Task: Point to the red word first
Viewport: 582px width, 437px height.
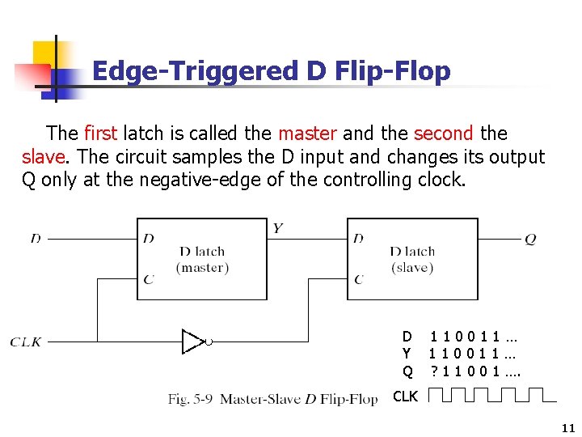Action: [x=99, y=134]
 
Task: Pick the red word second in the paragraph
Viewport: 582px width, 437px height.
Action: [x=444, y=134]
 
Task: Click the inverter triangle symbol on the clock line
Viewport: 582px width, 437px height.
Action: [x=194, y=342]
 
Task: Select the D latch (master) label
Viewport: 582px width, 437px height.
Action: [x=202, y=259]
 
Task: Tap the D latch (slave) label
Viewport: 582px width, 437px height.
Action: [x=412, y=259]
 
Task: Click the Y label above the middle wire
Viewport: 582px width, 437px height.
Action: [x=277, y=227]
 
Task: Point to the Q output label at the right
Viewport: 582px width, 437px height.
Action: [x=530, y=239]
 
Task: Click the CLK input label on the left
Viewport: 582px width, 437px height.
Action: [x=26, y=342]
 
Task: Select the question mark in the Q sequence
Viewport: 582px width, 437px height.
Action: [x=434, y=371]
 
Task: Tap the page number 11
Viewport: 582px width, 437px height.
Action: [x=567, y=428]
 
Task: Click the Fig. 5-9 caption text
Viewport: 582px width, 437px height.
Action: [x=272, y=398]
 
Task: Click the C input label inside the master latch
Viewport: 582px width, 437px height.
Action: [x=148, y=280]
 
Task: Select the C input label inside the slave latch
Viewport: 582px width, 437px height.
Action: [x=358, y=280]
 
